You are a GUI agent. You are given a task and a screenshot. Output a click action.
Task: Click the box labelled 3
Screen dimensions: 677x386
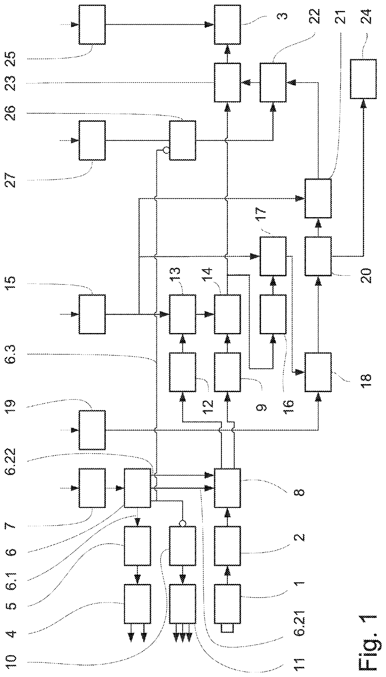pos(227,25)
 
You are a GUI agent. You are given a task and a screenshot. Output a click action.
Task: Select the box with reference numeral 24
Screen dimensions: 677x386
pos(363,79)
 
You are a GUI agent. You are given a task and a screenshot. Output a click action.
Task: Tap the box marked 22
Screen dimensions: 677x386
pos(273,82)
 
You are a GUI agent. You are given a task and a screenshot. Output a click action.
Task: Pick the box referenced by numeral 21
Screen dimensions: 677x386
pos(318,198)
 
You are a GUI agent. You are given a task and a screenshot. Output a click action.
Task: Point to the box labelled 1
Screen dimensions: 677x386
pos(227,604)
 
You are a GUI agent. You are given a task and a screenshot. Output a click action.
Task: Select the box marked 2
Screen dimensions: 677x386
pos(227,546)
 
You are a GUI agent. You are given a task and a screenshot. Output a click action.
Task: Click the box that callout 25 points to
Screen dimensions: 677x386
pos(92,25)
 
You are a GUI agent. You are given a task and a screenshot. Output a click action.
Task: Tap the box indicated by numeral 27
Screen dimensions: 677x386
pos(92,141)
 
